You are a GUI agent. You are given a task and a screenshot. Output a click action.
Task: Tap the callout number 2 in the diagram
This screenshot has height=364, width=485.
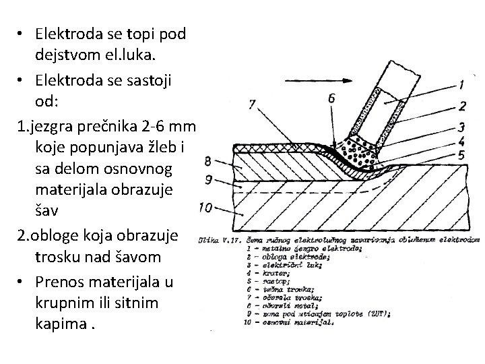point(462,105)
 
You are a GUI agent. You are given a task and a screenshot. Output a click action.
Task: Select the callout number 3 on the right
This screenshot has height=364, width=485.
point(461,127)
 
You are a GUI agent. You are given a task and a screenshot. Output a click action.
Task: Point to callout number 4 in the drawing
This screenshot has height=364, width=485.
point(461,142)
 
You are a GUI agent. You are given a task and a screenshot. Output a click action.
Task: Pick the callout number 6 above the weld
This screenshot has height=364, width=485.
point(331,98)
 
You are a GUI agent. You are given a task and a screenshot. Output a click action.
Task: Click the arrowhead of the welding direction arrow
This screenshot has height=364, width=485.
point(350,80)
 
